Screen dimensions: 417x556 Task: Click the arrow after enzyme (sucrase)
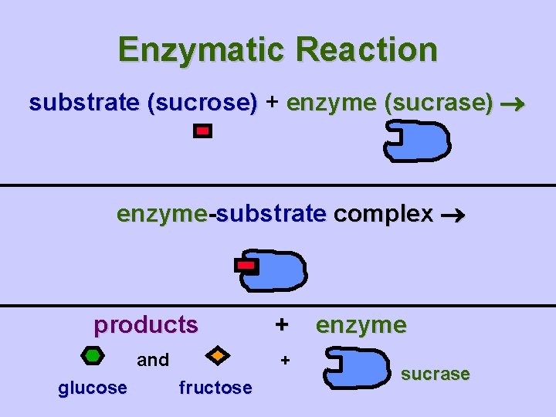(514, 104)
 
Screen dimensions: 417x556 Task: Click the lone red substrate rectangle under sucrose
(202, 132)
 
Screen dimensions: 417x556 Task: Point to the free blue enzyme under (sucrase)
(420, 144)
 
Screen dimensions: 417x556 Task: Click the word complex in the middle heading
(383, 214)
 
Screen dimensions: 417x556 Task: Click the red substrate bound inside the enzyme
(246, 266)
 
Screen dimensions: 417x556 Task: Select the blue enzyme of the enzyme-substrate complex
(280, 270)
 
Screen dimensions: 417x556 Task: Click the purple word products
(146, 325)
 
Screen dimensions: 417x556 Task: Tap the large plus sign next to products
(282, 324)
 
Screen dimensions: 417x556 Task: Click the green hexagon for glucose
(92, 356)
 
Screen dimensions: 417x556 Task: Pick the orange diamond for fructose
(218, 356)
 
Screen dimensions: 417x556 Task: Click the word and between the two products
(153, 360)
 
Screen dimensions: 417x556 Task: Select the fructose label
(215, 388)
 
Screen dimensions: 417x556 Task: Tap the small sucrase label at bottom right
(436, 375)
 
